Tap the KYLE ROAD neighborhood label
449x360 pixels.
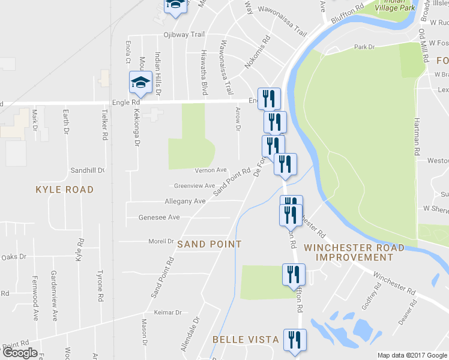[65, 190]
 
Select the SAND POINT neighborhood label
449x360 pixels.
[209, 244]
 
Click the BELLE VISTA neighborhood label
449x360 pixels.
[246, 340]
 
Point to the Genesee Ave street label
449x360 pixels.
[159, 217]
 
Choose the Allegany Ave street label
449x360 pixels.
[185, 201]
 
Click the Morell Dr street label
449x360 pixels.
[161, 241]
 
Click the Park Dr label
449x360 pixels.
[364, 46]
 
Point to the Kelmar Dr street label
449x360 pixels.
[167, 313]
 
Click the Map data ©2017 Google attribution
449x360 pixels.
[412, 355]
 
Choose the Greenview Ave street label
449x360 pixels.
[194, 186]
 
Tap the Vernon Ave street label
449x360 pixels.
[211, 170]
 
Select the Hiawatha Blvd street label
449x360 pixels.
[205, 72]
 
